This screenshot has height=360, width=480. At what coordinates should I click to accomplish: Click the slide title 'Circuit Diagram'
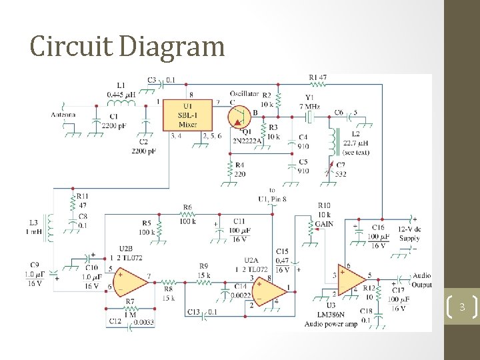click(127, 47)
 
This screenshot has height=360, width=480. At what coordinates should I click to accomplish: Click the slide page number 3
click(461, 307)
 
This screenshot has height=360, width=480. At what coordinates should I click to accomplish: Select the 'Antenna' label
click(63, 115)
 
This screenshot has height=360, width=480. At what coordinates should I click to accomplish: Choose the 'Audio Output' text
click(421, 280)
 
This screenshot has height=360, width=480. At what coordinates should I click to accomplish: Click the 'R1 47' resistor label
click(317, 77)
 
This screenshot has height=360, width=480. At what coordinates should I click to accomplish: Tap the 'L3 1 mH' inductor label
click(33, 227)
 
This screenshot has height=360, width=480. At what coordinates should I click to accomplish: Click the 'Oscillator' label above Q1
click(244, 93)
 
